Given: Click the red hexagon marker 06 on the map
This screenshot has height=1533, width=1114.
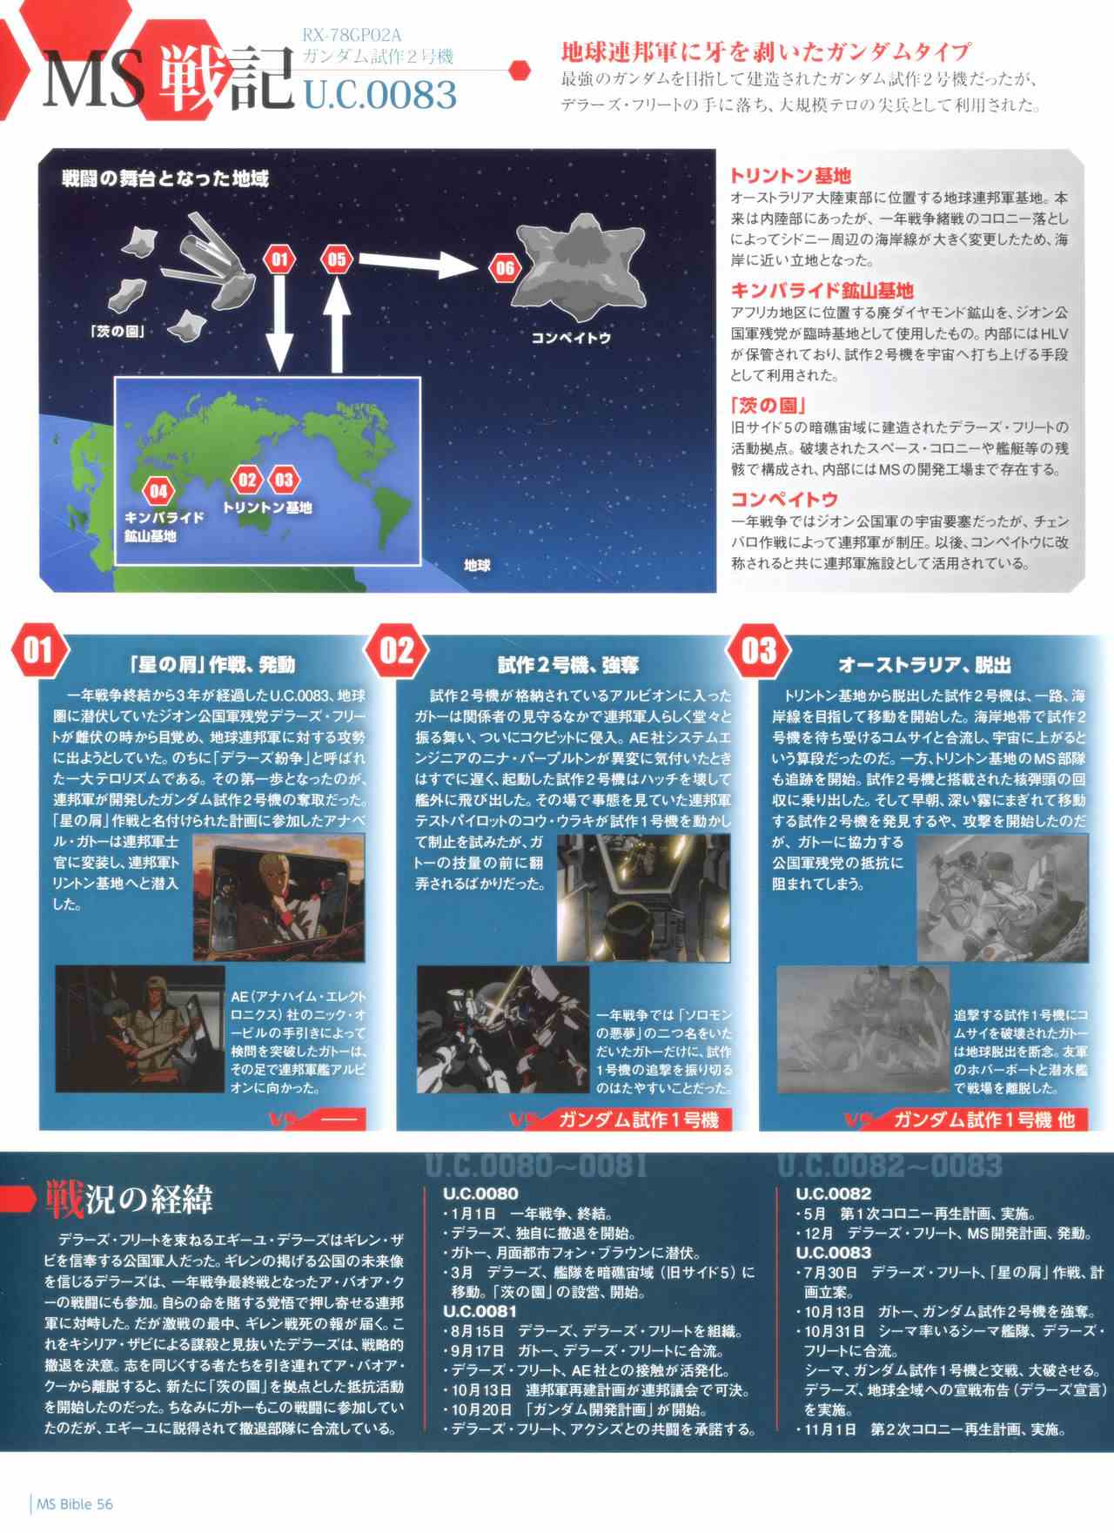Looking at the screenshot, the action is tap(505, 267).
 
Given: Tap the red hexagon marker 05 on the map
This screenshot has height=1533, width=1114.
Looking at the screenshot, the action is tap(336, 259).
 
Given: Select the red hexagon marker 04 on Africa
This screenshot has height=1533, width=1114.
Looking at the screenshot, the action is tap(158, 491).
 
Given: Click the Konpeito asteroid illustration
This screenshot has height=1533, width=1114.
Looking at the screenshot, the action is tap(580, 267).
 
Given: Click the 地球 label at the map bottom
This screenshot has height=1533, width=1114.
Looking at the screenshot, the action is tap(477, 566).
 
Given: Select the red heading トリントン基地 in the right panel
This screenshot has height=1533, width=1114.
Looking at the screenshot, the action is tap(790, 176).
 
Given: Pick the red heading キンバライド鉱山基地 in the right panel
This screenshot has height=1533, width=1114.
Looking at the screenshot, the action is tap(822, 290).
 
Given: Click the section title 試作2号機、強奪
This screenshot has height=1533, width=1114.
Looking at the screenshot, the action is tap(568, 666).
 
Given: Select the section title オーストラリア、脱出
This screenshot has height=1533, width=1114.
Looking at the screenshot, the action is tap(924, 666).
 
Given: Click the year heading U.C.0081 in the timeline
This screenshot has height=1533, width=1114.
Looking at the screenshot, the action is tap(480, 1311).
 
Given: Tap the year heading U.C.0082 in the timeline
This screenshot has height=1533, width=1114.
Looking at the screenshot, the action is tap(833, 1193).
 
